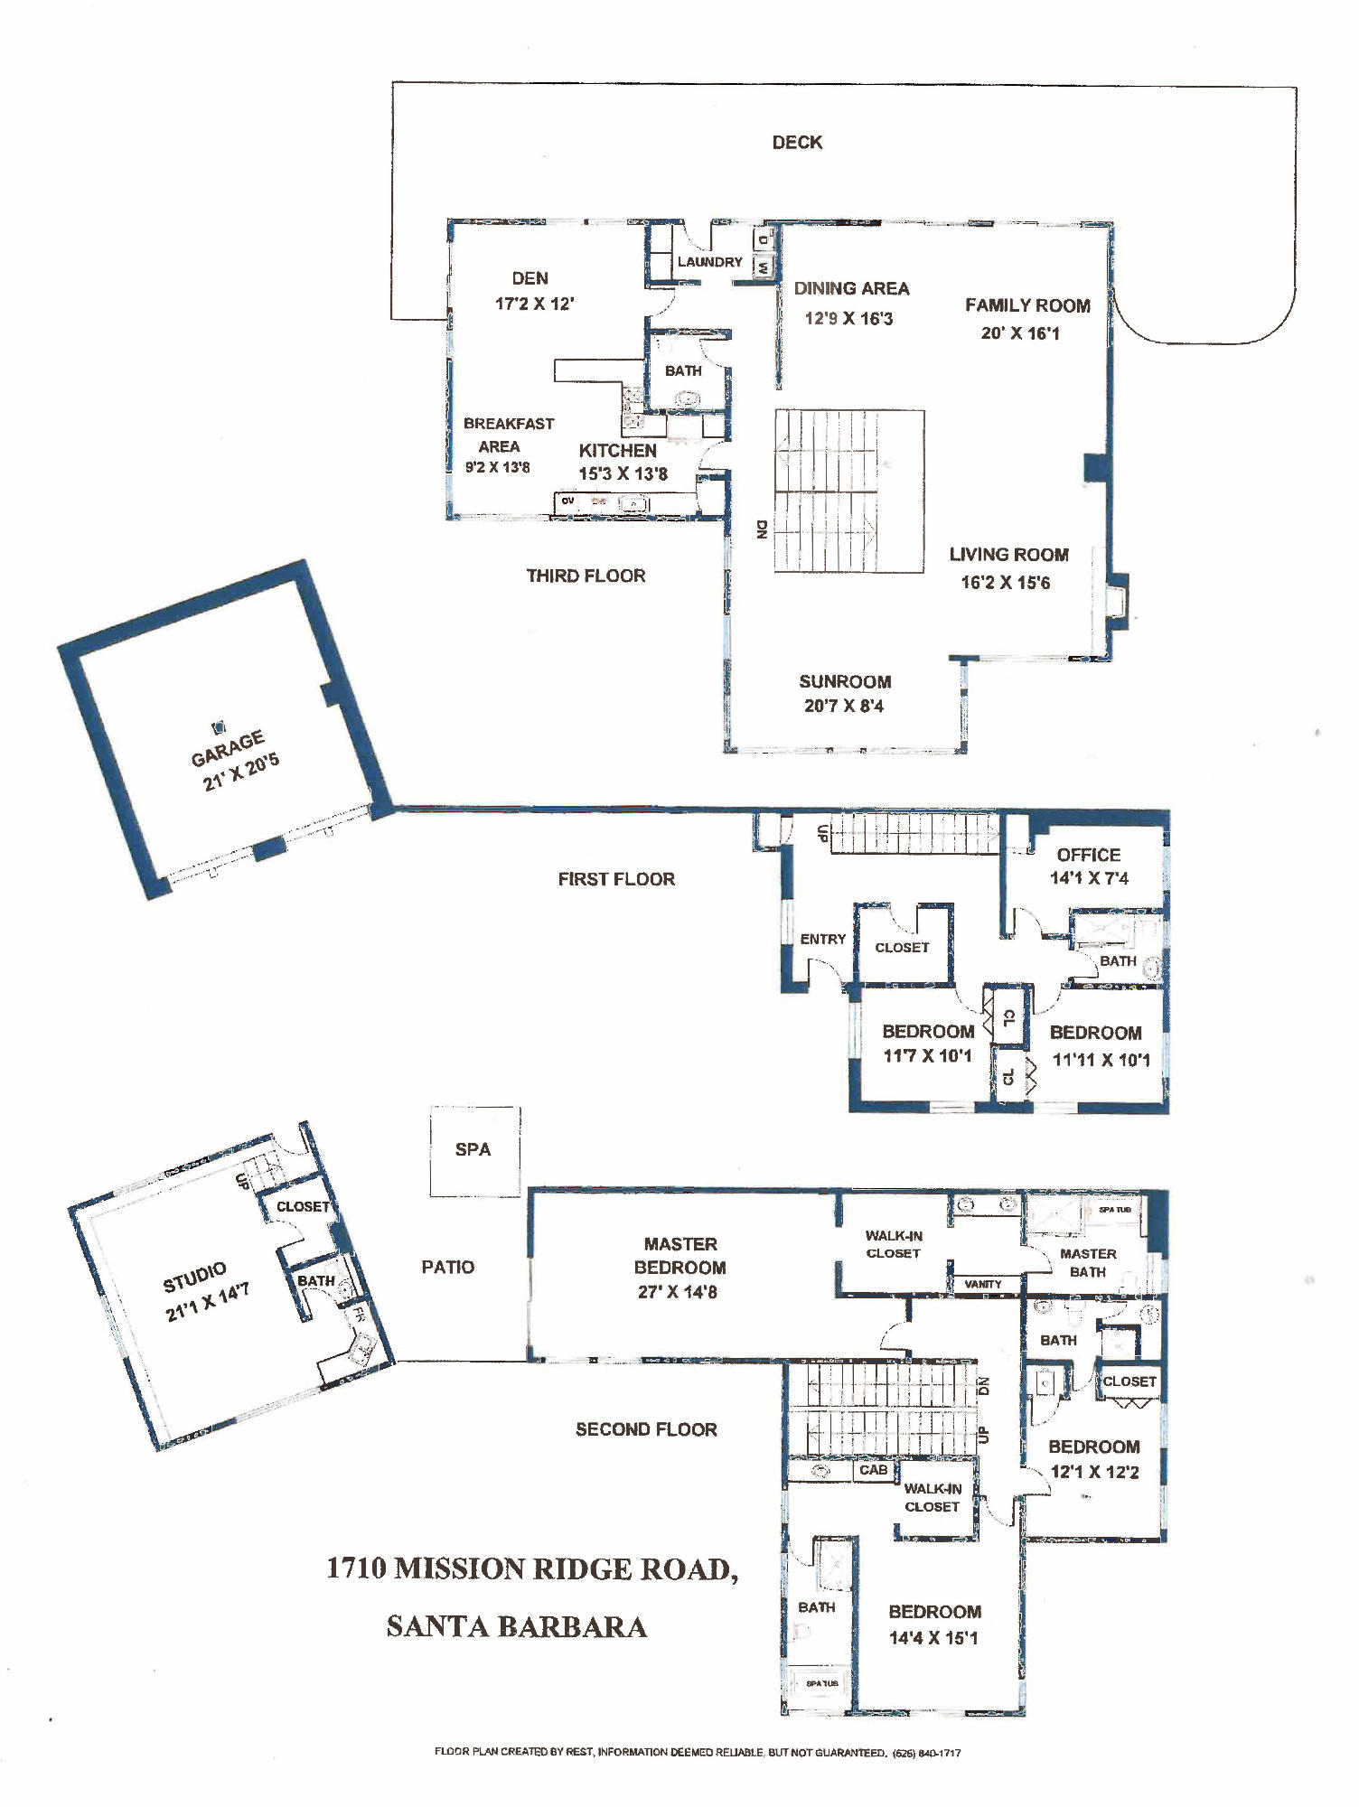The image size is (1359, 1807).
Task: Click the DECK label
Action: pos(796,142)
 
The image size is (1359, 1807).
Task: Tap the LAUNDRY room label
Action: pos(709,262)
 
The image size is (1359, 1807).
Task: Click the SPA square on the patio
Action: pos(473,1150)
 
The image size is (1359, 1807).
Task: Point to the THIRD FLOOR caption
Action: pos(586,576)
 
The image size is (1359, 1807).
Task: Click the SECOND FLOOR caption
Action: pos(646,1429)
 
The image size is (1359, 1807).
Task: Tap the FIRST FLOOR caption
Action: pos(615,879)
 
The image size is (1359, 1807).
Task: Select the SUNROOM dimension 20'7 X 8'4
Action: pos(844,706)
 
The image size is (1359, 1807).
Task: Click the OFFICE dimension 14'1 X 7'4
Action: pos(1089,878)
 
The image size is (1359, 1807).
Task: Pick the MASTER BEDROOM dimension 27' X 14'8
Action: pos(678,1292)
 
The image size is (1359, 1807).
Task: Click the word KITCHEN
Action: pos(617,450)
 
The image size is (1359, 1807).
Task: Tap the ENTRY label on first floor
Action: pos(822,940)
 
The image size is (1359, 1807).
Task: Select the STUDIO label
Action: pos(194,1278)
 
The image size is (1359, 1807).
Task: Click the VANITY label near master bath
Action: pos(982,1284)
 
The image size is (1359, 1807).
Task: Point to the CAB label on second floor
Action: pos(872,1470)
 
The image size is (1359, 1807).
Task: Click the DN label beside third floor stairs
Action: pos(762,529)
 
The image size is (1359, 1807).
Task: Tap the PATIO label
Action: pos(447,1267)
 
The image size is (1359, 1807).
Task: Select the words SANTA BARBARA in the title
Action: pos(516,1626)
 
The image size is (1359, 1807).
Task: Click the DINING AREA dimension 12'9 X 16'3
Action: pos(848,318)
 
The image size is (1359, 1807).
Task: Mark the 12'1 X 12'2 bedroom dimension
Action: pos(1094,1472)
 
